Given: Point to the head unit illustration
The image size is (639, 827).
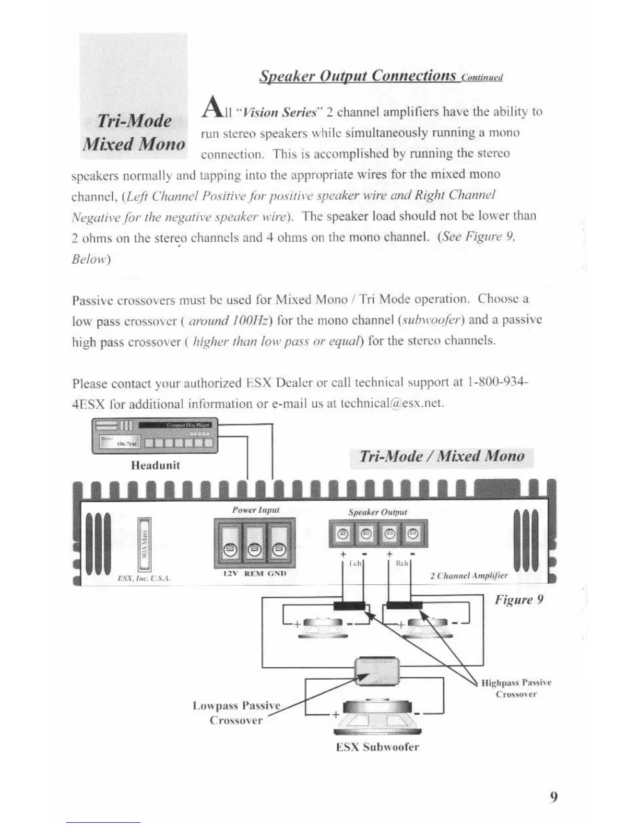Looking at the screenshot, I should [155, 436].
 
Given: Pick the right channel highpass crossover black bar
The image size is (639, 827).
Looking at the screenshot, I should [404, 606].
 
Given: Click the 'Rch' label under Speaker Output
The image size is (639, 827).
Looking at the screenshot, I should [401, 564].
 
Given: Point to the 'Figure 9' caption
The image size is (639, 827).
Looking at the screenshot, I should [519, 599].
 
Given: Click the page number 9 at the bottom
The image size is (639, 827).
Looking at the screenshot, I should [554, 797].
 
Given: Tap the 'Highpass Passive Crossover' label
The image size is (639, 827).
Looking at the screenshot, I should [516, 688].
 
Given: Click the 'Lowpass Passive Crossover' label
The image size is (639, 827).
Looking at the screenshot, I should [236, 713].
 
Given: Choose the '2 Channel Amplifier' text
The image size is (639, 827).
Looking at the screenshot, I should [468, 576].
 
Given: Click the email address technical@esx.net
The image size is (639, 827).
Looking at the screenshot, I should [392, 404].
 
